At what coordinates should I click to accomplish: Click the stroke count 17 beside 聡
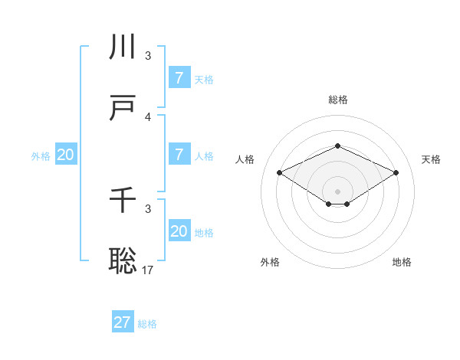tap(149, 270)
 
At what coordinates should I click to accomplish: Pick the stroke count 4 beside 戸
tap(148, 117)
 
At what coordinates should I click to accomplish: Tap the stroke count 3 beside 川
tap(148, 56)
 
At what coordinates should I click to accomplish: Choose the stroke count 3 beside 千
tap(148, 209)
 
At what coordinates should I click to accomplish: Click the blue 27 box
tap(123, 322)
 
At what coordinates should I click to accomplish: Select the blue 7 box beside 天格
tap(179, 78)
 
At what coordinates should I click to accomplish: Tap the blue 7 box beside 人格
tap(179, 155)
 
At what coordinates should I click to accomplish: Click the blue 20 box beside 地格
tap(179, 231)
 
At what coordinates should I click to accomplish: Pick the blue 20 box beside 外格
tap(66, 155)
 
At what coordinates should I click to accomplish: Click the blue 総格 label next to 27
tap(147, 324)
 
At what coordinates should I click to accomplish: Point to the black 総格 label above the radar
tap(337, 100)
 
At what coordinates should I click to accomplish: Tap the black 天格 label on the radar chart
tap(431, 159)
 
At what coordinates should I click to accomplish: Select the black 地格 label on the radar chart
tap(402, 262)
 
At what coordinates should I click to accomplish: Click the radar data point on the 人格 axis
tap(280, 173)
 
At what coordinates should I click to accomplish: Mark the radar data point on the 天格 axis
tap(396, 173)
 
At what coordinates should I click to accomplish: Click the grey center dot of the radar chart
tap(337, 191)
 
